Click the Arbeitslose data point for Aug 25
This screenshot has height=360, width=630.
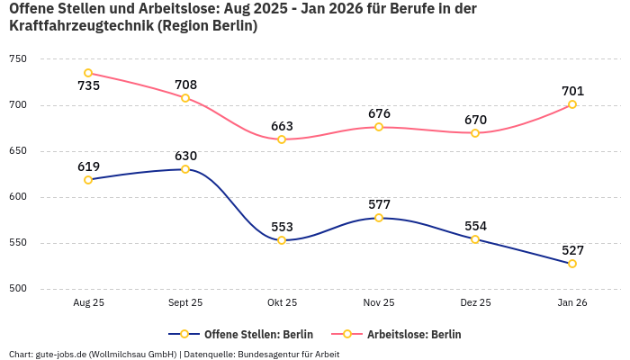(x=88, y=73)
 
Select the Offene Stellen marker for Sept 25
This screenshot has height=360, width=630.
(x=185, y=169)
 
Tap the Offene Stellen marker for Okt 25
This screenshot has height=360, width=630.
(x=282, y=240)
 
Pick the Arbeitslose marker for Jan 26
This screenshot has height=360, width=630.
(x=572, y=104)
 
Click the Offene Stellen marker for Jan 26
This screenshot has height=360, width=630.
(x=572, y=264)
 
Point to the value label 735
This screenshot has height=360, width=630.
(x=88, y=86)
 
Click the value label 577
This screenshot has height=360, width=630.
(x=379, y=204)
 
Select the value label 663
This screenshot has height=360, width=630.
(x=282, y=126)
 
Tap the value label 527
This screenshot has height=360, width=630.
(x=572, y=250)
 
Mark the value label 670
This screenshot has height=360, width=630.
(x=475, y=120)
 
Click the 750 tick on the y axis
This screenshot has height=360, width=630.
(x=18, y=58)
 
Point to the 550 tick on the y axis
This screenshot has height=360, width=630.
(x=18, y=243)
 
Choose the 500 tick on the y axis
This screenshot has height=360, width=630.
(x=18, y=289)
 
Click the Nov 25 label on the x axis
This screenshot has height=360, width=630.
(x=379, y=303)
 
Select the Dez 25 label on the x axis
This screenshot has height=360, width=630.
(x=475, y=303)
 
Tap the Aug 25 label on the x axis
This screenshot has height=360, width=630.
(x=88, y=303)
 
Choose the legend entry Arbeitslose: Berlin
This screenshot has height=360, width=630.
(x=414, y=334)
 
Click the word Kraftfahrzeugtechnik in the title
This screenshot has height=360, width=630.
(x=80, y=26)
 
